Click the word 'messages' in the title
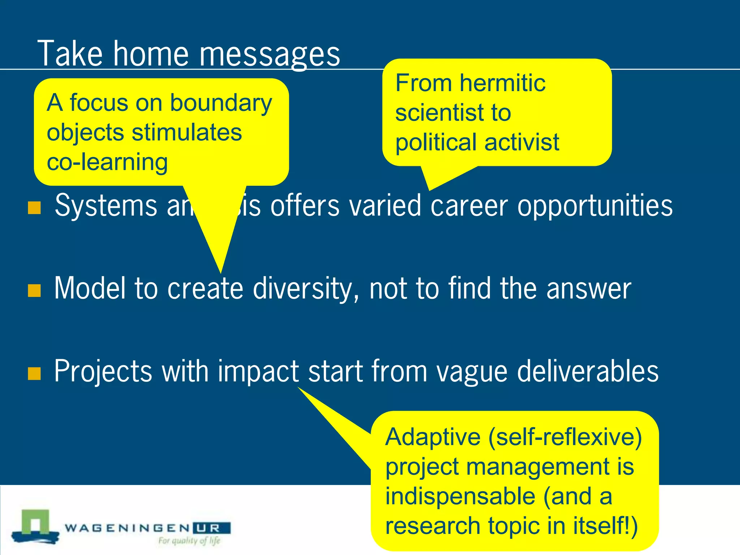pyautogui.click(x=270, y=54)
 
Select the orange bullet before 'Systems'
pyautogui.click(x=34, y=208)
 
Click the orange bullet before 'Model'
pyautogui.click(x=34, y=290)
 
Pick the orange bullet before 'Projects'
pyautogui.click(x=34, y=373)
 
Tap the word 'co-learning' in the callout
pyautogui.click(x=107, y=162)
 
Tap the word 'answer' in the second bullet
pyautogui.click(x=589, y=288)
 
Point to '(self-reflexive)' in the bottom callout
pyautogui.click(x=565, y=437)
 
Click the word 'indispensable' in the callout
pyautogui.click(x=460, y=496)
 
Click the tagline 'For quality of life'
pyautogui.click(x=189, y=541)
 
